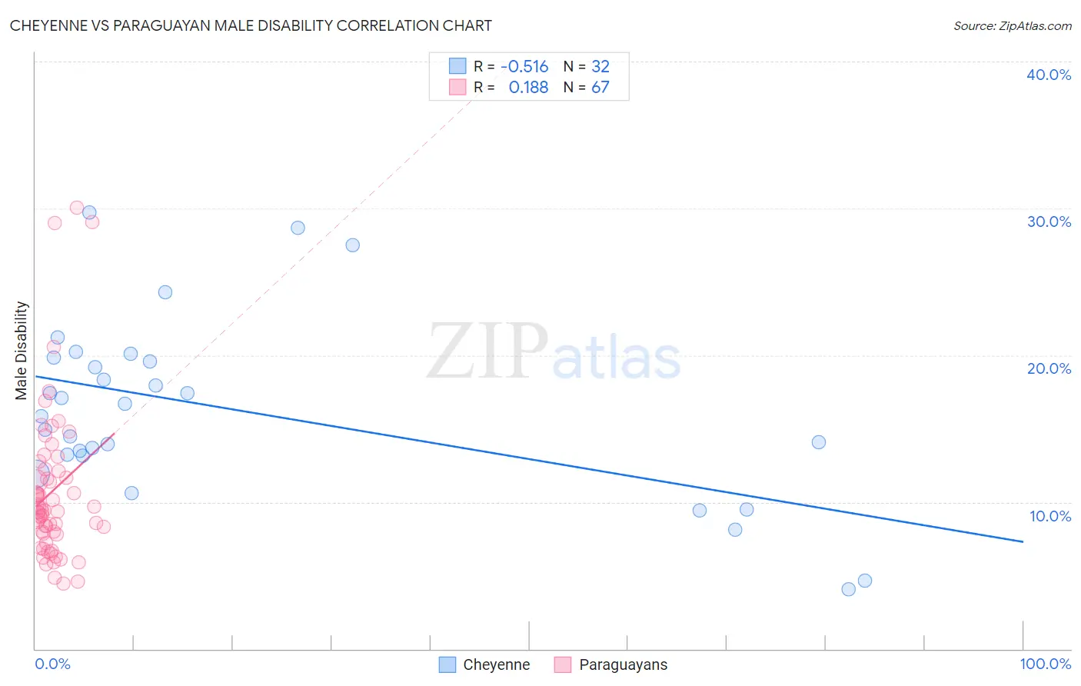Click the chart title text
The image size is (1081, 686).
tap(251, 25)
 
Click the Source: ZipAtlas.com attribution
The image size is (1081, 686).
tap(1012, 25)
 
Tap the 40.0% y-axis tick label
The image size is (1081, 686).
tap(1049, 75)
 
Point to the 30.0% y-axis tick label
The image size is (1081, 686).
tap(1049, 221)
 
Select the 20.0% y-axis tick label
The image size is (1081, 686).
tap(1049, 368)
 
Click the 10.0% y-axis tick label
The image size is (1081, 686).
tap(1050, 516)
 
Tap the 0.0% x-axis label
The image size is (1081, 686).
tap(52, 664)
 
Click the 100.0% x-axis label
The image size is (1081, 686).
tap(1045, 664)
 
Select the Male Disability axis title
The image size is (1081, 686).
tap(21, 350)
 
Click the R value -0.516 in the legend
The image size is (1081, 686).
tap(524, 67)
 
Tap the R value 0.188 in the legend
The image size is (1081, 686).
tap(528, 88)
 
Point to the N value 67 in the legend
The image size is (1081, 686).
tap(600, 88)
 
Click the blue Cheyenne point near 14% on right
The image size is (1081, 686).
tap(819, 442)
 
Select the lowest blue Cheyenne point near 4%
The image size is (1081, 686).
tap(849, 589)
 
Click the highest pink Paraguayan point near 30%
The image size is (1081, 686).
tap(77, 208)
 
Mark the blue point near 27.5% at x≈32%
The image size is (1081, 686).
tap(353, 245)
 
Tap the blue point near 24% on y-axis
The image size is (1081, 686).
tap(165, 292)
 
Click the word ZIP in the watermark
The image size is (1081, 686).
tap(487, 351)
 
